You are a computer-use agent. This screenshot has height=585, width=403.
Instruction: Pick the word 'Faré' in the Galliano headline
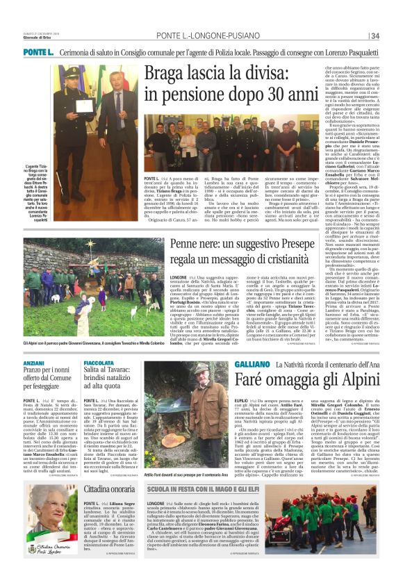251,381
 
